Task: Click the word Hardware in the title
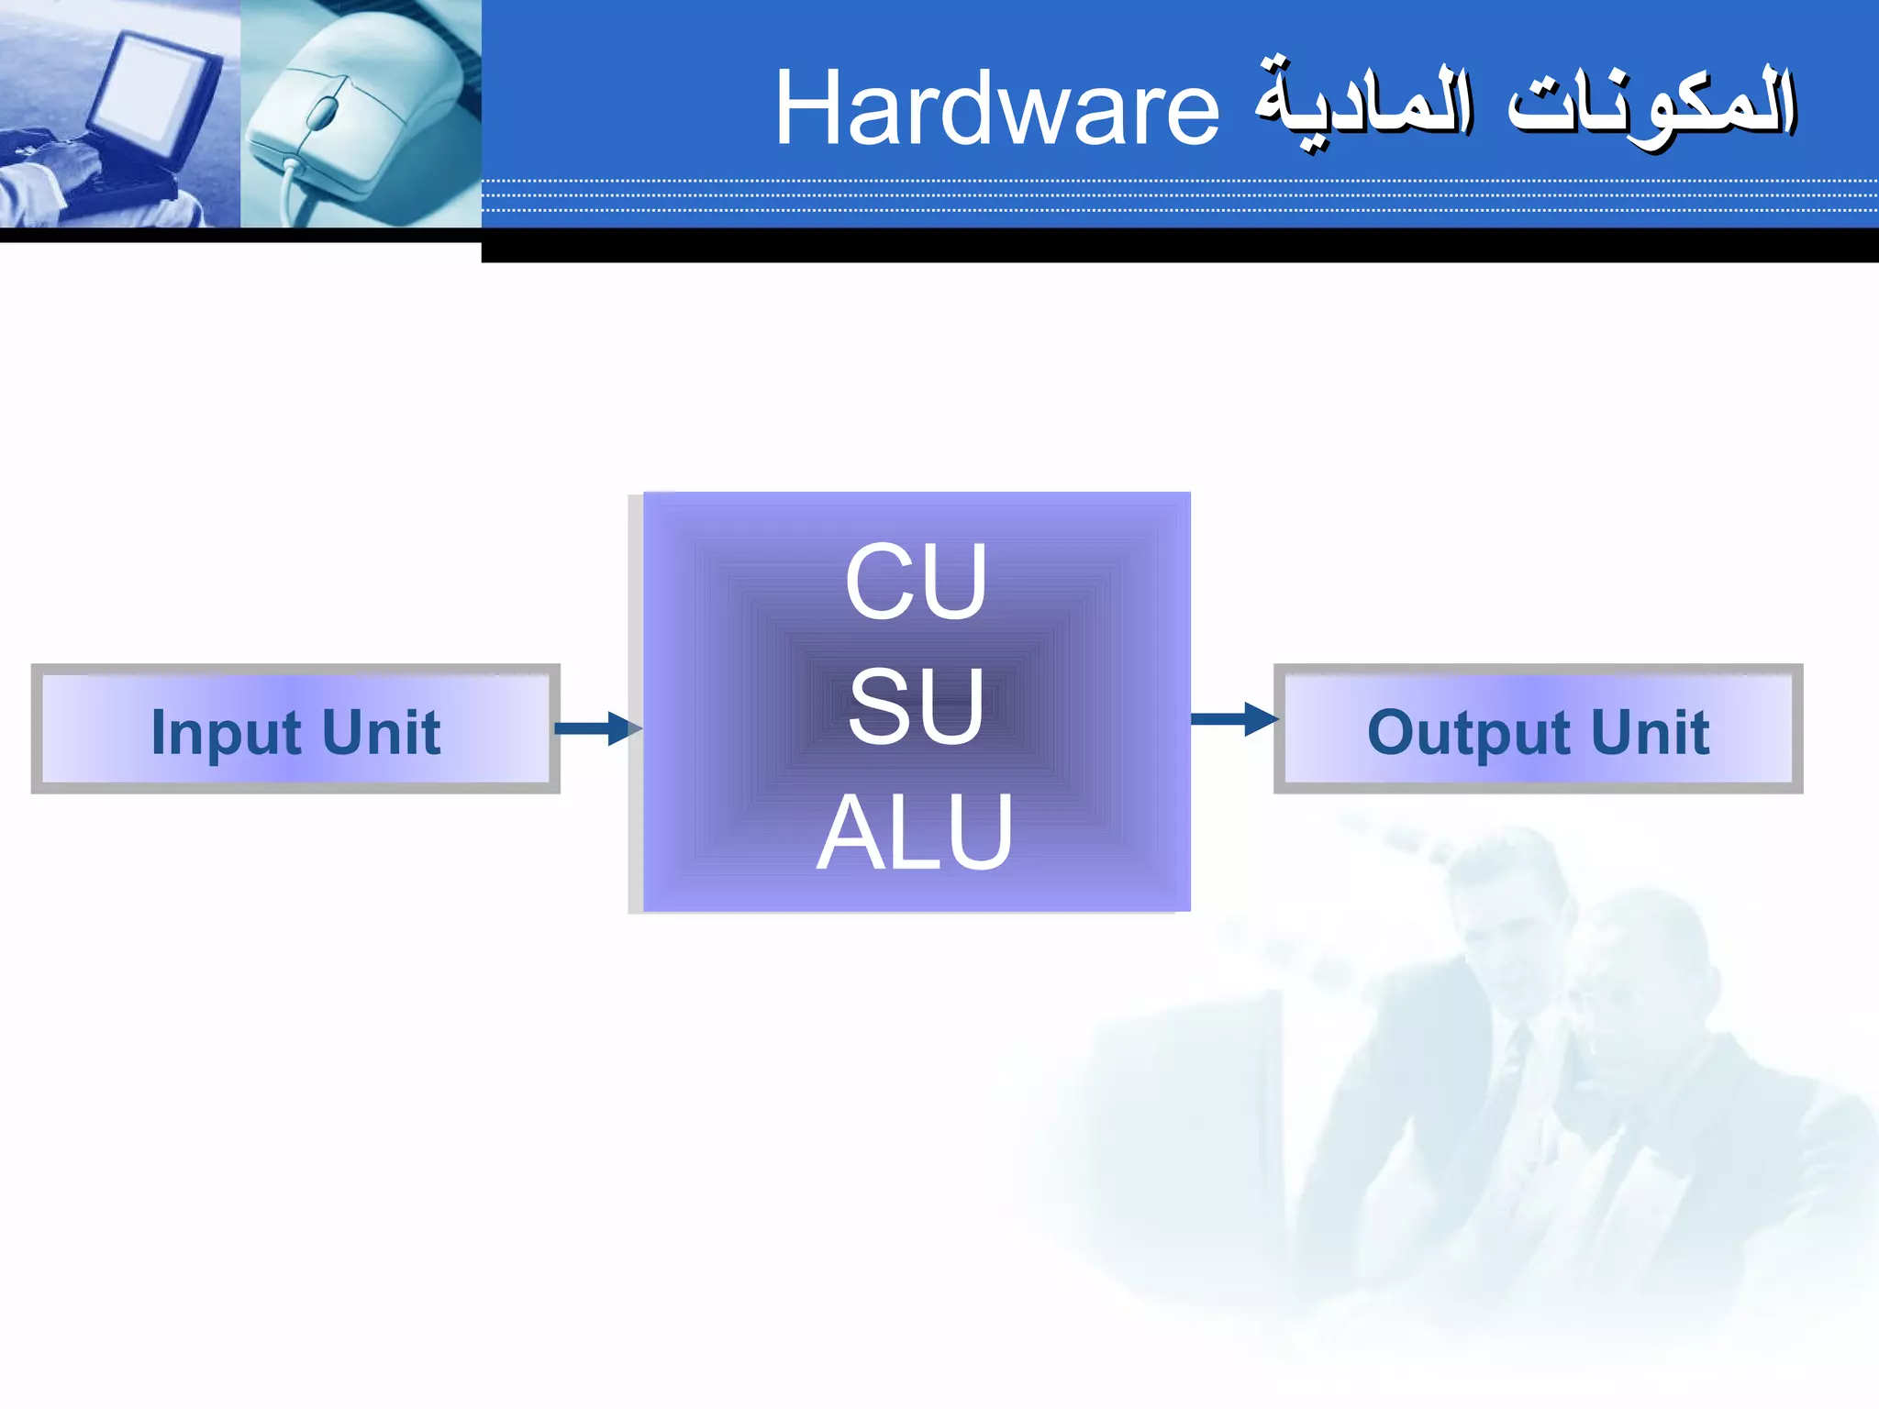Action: tap(997, 109)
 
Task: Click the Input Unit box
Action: tap(295, 729)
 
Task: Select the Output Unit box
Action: tap(1539, 729)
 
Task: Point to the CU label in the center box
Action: tap(916, 582)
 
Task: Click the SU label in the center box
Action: tap(916, 706)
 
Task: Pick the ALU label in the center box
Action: tap(916, 832)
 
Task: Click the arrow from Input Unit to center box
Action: tap(596, 728)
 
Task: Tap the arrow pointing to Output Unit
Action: tap(1233, 719)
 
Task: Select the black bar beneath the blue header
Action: tap(1179, 245)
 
